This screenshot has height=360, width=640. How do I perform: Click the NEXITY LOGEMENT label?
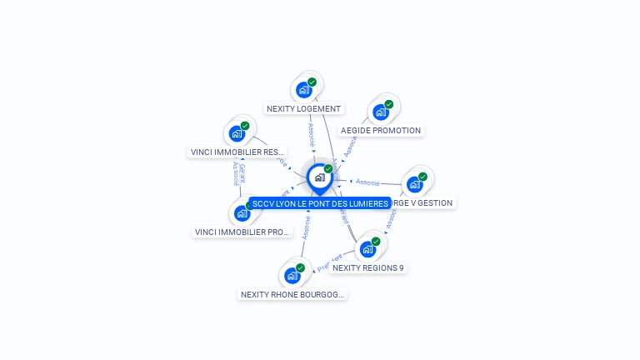pos(303,108)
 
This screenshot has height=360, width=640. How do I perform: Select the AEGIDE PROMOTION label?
pos(381,130)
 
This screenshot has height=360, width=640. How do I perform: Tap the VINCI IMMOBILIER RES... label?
pos(237,152)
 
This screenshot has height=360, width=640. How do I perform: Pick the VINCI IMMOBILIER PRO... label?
pos(242,232)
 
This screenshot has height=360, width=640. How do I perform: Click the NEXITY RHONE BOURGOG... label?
pos(292,294)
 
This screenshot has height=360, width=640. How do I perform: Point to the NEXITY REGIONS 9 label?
pos(367,267)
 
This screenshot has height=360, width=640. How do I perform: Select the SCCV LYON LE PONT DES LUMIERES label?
pos(320,203)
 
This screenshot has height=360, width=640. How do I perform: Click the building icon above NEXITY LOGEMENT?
pos(304,90)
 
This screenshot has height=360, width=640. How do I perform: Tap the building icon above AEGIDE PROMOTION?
pos(381,112)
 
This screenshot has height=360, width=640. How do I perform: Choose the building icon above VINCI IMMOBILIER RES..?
pos(237,133)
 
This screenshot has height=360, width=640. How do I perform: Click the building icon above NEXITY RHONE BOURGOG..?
pos(292,276)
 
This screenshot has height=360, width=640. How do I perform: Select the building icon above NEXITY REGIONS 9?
pos(367,249)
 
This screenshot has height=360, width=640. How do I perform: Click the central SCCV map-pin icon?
pos(319,177)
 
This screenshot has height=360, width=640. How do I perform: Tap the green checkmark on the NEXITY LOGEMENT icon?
pos(312,82)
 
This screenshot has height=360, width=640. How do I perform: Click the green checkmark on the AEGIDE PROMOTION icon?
pos(389,104)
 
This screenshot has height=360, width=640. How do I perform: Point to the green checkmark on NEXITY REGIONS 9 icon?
pos(376,241)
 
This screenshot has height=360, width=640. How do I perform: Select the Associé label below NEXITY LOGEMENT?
pos(310,132)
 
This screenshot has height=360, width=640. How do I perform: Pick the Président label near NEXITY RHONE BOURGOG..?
pos(330,262)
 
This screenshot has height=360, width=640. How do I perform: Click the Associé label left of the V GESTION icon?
pos(367,182)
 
